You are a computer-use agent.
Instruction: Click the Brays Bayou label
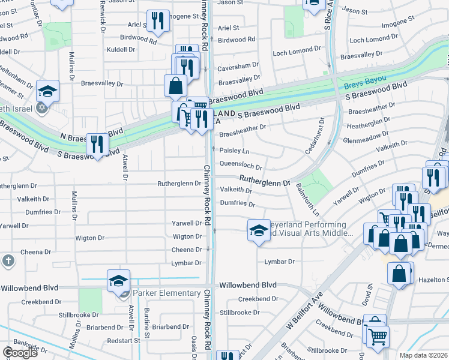365,82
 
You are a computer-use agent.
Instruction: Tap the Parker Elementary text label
167,293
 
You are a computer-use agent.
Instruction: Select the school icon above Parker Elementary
119,281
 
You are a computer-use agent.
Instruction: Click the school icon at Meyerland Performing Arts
258,230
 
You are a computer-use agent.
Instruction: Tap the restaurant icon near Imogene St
158,22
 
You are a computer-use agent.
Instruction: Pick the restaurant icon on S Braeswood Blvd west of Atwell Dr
97,145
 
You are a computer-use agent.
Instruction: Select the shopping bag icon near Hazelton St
399,274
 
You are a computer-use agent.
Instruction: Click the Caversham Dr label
238,64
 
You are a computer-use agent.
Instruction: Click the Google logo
20,353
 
